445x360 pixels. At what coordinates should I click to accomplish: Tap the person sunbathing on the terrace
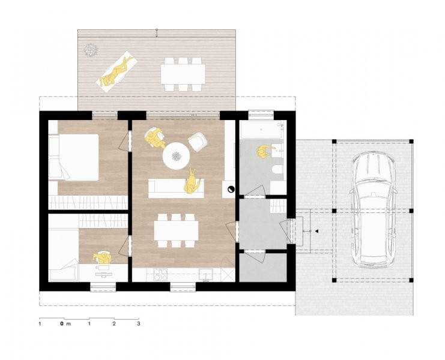tap(117, 71)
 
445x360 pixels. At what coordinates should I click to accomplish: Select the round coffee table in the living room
tap(176, 156)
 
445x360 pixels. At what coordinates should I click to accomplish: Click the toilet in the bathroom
tap(277, 170)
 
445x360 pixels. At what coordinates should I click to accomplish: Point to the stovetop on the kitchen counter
tap(160, 274)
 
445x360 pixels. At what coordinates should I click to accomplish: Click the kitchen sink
tap(206, 275)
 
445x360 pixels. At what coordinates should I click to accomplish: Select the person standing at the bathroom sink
tap(265, 152)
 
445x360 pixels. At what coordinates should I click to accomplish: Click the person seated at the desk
tap(103, 257)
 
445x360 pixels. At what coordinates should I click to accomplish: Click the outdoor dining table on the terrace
tap(183, 74)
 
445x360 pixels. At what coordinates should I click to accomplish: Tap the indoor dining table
tap(176, 230)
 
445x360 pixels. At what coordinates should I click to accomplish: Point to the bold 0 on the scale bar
tap(62, 323)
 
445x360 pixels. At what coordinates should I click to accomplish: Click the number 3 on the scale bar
tap(139, 323)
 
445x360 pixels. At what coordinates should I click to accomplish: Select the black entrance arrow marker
tap(316, 232)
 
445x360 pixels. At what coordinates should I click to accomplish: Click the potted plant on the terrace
tap(91, 50)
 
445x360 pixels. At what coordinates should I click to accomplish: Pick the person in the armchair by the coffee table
tap(155, 138)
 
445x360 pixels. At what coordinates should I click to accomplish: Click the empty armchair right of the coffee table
tap(198, 141)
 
